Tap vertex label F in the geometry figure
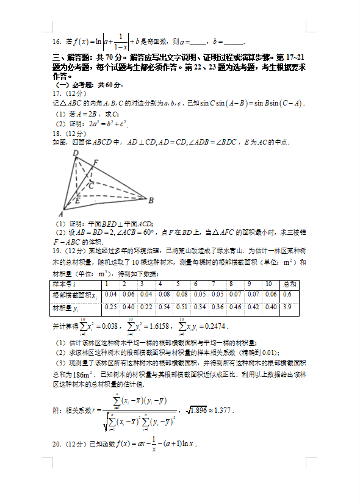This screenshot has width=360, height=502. tap(95, 162)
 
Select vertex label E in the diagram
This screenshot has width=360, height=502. tap(77, 199)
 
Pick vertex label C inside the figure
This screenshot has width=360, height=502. tap(90, 185)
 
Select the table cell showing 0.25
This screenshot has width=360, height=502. tap(110, 306)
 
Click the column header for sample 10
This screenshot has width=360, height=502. tap(268, 284)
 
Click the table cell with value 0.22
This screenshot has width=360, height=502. tap(146, 306)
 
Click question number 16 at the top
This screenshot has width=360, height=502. tap(57, 41)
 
